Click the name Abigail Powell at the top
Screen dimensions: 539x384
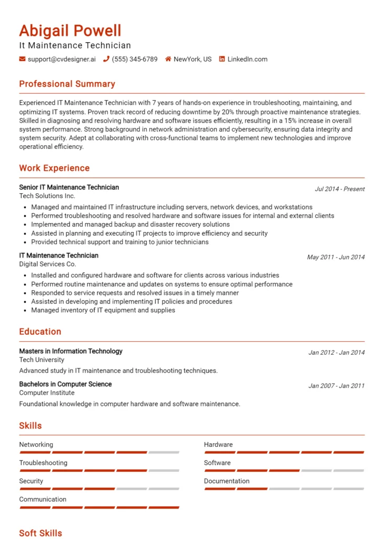(x=70, y=31)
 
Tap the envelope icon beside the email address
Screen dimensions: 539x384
(x=22, y=59)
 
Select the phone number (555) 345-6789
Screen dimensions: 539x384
(x=135, y=59)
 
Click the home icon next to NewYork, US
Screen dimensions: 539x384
(x=168, y=59)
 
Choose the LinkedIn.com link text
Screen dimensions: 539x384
(x=247, y=59)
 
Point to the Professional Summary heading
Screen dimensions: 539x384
(x=67, y=84)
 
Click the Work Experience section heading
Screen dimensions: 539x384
(x=54, y=168)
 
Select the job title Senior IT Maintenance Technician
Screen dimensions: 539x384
(x=69, y=187)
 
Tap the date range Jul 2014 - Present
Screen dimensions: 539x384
(x=339, y=189)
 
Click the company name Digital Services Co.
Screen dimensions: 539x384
(x=47, y=264)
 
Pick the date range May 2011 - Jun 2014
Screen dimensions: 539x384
(x=336, y=257)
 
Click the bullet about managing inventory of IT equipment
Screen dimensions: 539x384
(x=103, y=311)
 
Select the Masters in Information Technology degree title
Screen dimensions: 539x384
(x=70, y=351)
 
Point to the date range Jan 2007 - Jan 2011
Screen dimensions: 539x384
(x=336, y=386)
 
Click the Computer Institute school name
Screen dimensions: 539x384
(x=47, y=393)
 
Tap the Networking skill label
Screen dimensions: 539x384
(x=36, y=445)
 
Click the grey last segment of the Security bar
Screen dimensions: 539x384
(x=164, y=489)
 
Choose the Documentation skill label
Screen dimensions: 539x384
(x=227, y=481)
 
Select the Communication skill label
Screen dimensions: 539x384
(x=43, y=500)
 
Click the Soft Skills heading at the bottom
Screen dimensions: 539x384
(x=41, y=533)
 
